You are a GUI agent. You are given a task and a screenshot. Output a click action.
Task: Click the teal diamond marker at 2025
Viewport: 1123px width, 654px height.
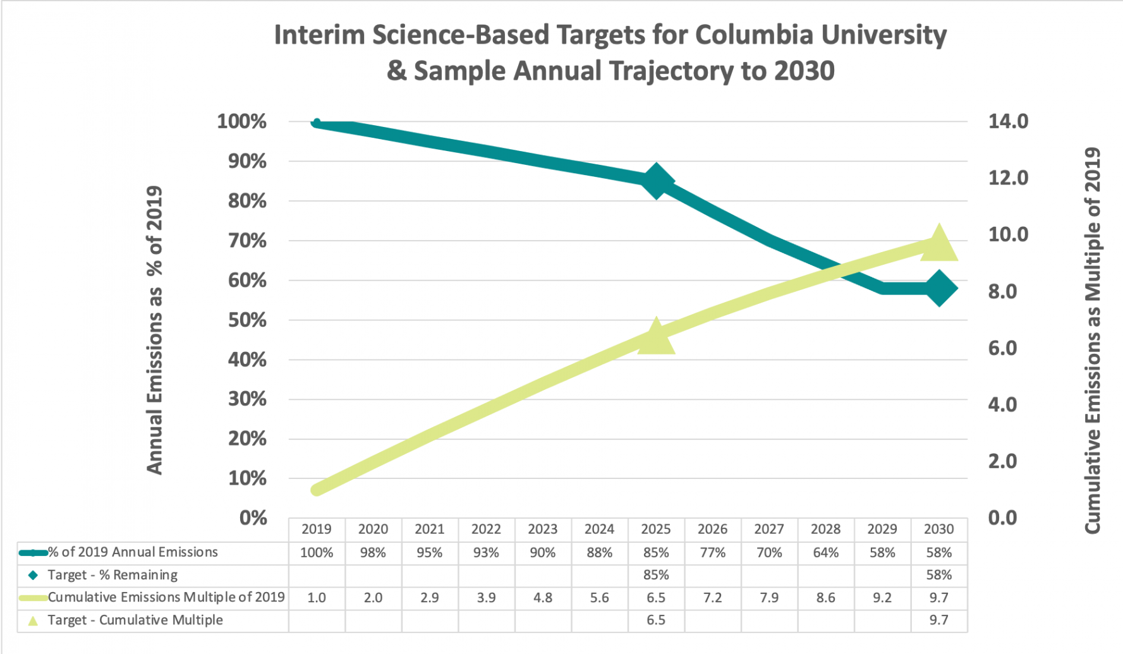(x=656, y=181)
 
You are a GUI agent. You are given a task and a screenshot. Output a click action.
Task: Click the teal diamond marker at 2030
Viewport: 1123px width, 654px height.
(x=939, y=289)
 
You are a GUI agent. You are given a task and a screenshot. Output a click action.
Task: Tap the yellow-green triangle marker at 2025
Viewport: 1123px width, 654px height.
(x=656, y=337)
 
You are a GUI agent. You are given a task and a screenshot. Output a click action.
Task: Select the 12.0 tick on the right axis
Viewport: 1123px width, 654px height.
(x=1008, y=178)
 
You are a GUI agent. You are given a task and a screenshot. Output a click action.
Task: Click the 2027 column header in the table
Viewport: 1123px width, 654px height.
(x=769, y=530)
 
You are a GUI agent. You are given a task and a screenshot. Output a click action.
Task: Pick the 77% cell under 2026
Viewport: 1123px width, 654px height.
(x=712, y=553)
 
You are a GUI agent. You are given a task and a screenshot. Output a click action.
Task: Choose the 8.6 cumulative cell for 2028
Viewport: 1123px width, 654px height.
(x=825, y=598)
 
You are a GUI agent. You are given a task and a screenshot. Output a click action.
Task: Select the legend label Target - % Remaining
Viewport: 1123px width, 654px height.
(x=112, y=575)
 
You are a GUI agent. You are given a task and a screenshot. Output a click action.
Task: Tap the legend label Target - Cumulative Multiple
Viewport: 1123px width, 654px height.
(x=135, y=620)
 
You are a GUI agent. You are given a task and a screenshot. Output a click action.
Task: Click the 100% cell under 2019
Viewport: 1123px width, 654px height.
(x=317, y=553)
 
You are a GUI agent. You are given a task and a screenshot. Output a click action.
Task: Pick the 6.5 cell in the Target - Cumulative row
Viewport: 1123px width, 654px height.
(x=656, y=620)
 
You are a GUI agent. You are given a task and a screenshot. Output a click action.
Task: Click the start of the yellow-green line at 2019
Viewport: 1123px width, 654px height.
(x=317, y=490)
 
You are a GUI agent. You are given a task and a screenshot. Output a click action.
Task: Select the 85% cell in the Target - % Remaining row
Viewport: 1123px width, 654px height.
(x=656, y=575)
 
